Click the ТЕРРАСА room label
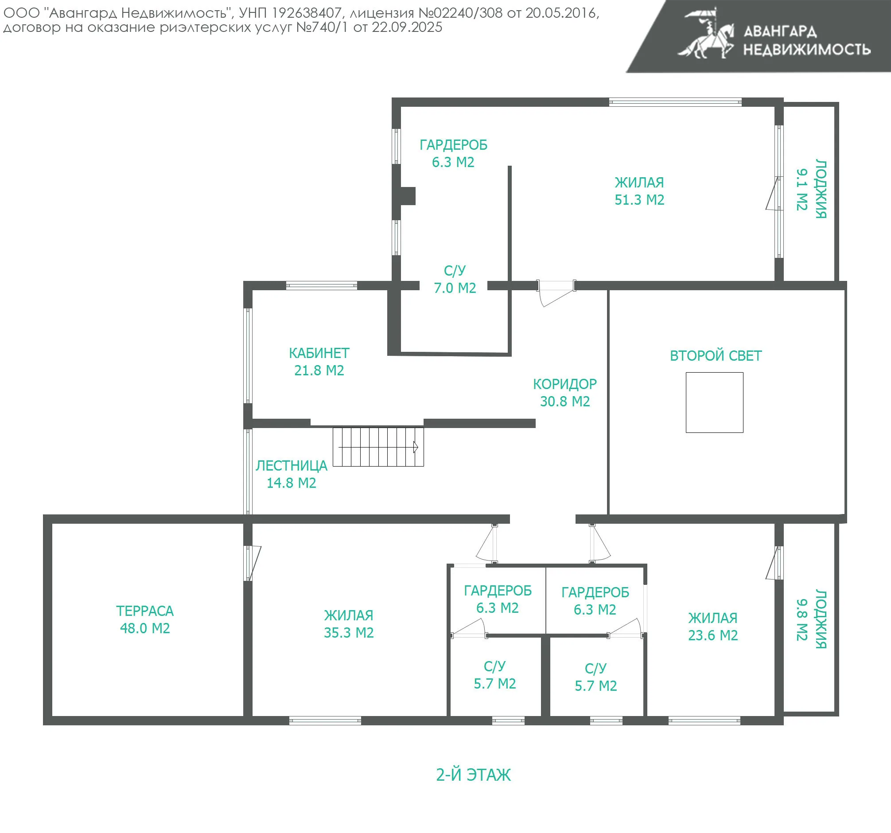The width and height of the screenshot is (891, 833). coord(145,611)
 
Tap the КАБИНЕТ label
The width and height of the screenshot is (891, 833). coord(319,353)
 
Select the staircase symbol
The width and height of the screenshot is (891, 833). coord(378,447)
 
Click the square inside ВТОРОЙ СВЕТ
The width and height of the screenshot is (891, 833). coord(714,402)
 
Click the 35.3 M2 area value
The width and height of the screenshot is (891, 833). coord(349,632)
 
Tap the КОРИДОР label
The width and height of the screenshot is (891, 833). coord(565,384)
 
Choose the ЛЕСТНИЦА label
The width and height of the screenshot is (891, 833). coord(292,465)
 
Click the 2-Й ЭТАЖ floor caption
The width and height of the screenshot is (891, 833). coord(473,775)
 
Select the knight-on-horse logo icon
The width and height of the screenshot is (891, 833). coord(706,34)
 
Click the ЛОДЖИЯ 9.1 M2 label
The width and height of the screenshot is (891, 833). coord(811,189)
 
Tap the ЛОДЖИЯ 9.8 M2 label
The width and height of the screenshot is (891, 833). coord(811,619)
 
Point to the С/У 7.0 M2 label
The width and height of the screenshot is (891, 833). coord(455,279)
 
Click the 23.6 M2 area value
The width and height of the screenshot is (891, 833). coord(712,635)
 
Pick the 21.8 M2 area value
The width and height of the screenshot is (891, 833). coord(319,370)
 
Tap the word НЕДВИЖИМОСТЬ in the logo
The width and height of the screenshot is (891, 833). coord(807,49)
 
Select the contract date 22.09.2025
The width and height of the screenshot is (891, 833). coord(407,27)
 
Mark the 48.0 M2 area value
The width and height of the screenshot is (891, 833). coord(145,628)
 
